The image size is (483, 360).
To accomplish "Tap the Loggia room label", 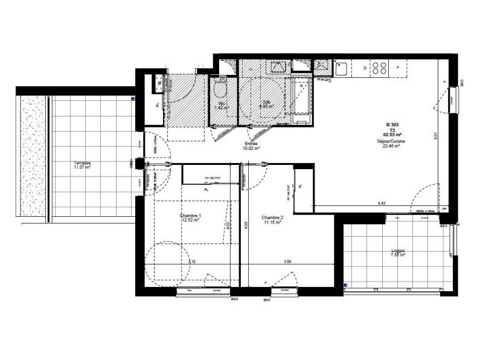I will (x=397, y=250).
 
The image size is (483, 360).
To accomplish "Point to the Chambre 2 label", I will (x=272, y=217).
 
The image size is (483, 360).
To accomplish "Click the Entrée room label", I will (x=251, y=143).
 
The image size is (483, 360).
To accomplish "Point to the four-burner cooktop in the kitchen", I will (x=380, y=68).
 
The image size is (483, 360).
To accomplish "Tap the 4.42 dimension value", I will (x=382, y=204).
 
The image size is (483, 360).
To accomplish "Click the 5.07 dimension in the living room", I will (x=435, y=136).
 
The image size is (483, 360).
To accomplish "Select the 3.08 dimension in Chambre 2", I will (x=288, y=262).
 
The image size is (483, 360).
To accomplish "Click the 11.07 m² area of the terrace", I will (x=82, y=168).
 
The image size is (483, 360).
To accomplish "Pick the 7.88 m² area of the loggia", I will (x=397, y=256).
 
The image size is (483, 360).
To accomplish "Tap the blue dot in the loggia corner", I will (x=345, y=284).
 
